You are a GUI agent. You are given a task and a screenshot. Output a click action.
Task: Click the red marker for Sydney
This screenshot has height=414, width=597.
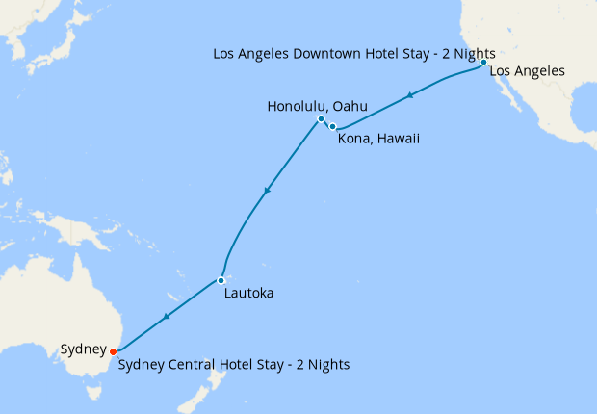tap(114, 351)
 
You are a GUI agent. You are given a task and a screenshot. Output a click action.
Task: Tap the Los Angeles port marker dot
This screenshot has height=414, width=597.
tap(483, 62)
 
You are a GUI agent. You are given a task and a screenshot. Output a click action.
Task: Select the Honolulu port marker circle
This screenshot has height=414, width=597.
tap(321, 119)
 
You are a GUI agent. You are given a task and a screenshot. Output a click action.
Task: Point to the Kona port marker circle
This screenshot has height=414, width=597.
tap(333, 127)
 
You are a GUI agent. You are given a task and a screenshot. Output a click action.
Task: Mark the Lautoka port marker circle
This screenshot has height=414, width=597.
tap(221, 280)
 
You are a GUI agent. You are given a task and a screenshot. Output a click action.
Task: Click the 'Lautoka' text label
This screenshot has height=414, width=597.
tap(247, 293)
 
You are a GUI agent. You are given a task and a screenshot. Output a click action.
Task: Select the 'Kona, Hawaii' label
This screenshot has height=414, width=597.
tap(378, 139)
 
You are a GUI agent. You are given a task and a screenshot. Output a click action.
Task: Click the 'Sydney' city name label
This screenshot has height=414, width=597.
tap(83, 349)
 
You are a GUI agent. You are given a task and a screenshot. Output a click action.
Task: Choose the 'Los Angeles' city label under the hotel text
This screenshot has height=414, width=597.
tap(527, 71)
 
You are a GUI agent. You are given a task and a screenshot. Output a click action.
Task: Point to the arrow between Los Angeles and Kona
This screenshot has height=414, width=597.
tap(411, 95)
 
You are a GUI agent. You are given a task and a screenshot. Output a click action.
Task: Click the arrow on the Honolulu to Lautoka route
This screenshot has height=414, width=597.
tap(267, 191)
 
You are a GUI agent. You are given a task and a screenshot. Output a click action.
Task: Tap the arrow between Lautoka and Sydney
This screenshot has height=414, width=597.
tap(168, 316)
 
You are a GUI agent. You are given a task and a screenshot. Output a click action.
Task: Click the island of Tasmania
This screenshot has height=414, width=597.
tap(92, 391)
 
